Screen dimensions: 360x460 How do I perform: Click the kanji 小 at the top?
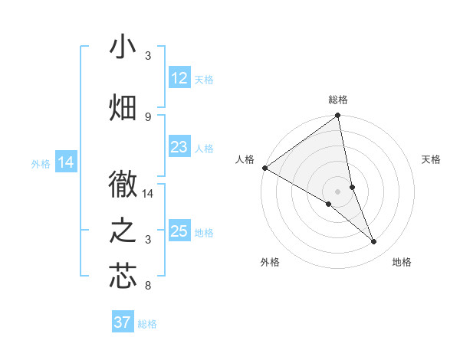(x=123, y=47)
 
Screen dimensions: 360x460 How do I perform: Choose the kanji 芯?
(x=123, y=276)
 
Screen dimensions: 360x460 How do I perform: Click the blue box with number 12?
(x=179, y=78)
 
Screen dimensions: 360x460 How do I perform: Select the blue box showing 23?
(x=179, y=147)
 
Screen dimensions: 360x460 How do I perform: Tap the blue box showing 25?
(x=179, y=231)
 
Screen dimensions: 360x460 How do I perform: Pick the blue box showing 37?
(x=123, y=322)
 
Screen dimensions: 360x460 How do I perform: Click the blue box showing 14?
(x=66, y=162)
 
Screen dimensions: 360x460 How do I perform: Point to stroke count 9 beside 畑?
(x=148, y=116)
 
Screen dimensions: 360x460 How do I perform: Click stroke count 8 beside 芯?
(x=148, y=286)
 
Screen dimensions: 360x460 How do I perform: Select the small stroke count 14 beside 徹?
(x=148, y=194)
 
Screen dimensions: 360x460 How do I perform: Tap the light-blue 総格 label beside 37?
(x=147, y=324)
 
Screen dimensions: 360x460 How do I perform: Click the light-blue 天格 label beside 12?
(x=204, y=80)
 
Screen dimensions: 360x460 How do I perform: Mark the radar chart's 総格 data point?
(x=338, y=116)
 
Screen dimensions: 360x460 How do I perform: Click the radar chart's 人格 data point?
(x=264, y=168)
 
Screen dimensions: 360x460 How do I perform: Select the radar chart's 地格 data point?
(x=374, y=242)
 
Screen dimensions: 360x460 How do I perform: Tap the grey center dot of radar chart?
(x=337, y=191)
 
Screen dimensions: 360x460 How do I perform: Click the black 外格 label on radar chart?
(x=270, y=263)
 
